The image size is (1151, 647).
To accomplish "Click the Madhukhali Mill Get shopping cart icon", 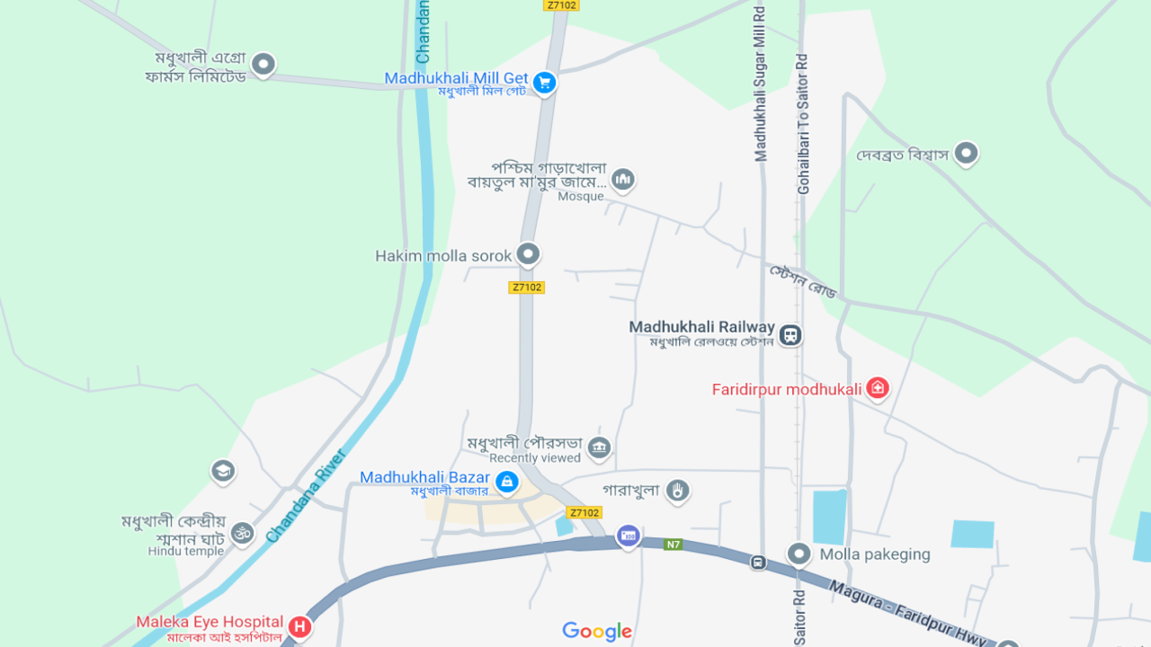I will pos(543,84).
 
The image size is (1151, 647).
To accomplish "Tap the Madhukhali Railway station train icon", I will pos(790,335).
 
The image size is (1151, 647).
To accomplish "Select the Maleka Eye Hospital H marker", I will pos(300,627).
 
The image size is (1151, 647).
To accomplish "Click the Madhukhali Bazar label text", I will pos(424,477).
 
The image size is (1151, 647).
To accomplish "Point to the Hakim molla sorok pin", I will pos(529,254).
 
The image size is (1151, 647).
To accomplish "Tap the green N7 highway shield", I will pos(674,544).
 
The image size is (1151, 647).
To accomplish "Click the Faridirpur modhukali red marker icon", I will pos(878,388).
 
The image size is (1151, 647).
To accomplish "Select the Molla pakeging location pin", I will pos(799,554).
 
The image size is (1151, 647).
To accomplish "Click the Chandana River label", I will pos(307,495).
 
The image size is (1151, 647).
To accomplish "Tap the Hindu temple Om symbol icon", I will pos(242,533).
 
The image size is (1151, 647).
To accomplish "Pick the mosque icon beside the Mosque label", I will pos(622,180).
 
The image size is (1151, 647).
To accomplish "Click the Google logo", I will pos(597,632).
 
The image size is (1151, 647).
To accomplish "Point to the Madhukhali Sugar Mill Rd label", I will pos(761,83).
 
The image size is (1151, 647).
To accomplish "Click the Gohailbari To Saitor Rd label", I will pos(803,124).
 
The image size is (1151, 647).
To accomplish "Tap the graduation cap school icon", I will pos(223,470).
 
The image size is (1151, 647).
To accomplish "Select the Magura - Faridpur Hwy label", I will pos(908,612).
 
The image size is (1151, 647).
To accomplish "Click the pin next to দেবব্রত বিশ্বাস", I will pos(967,154).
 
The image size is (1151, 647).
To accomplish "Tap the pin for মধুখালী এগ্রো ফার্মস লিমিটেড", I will pos(263,64).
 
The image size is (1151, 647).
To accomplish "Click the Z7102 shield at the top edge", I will pos(561,5).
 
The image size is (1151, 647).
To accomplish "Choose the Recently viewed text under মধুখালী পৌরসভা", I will pos(535,458).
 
